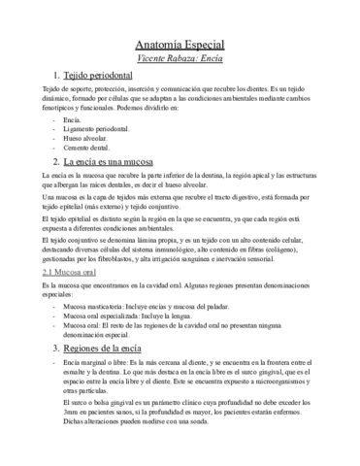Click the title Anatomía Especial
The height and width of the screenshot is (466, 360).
[x=180, y=45]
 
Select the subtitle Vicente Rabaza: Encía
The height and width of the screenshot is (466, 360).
[x=180, y=59]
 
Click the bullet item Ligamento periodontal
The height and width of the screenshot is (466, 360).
[x=96, y=130]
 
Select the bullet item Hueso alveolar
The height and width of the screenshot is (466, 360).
[x=84, y=139]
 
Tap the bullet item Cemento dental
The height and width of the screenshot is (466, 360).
[x=86, y=148]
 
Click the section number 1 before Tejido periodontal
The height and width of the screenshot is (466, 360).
[x=58, y=76]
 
